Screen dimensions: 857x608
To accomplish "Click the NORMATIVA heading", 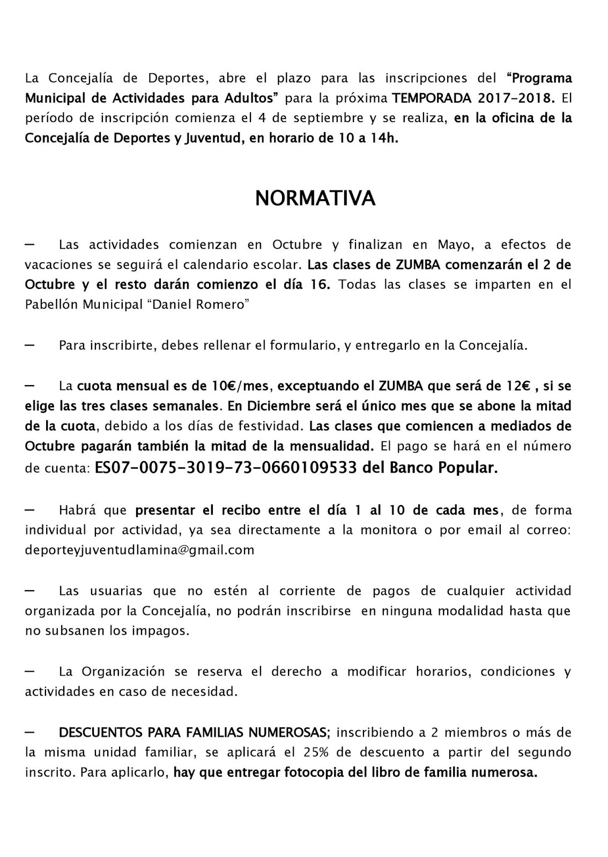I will click(315, 198).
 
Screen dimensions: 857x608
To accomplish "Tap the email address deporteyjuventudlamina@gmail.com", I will click(139, 550).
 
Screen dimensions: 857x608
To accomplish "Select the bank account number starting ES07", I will click(226, 468).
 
